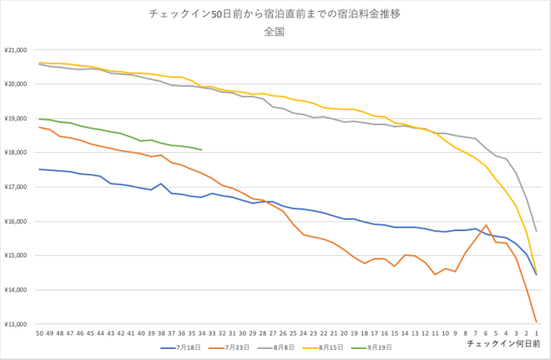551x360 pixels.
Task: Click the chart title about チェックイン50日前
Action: click(275, 14)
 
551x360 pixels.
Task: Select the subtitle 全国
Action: click(275, 32)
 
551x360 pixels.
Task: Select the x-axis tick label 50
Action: click(39, 333)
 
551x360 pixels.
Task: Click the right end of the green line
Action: click(202, 150)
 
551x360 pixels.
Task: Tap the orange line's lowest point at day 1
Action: click(536, 322)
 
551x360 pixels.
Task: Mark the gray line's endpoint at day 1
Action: click(536, 231)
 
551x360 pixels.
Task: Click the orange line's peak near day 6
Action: click(486, 225)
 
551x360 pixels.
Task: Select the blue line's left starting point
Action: click(39, 169)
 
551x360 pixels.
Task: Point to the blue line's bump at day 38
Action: click(161, 184)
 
